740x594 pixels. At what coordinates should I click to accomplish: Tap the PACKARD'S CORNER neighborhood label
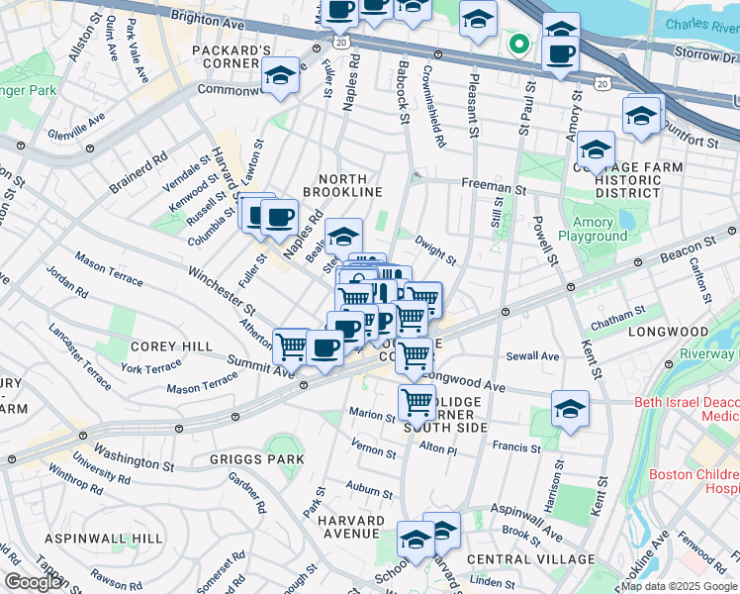coord(232,56)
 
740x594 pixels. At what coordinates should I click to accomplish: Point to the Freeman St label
coord(492,186)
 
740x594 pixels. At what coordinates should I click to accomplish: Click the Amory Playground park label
coord(593,229)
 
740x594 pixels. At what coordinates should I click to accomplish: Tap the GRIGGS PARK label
coord(243,459)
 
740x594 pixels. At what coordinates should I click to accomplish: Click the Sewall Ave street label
coord(534,356)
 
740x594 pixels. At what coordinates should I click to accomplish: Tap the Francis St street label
coord(516,447)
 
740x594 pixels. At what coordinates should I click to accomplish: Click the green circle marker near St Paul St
coord(516,43)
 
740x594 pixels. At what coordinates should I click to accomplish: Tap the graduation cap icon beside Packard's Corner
coord(281,76)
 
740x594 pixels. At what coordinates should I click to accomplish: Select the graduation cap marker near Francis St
coord(570,409)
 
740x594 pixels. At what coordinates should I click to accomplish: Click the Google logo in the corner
coord(33,582)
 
